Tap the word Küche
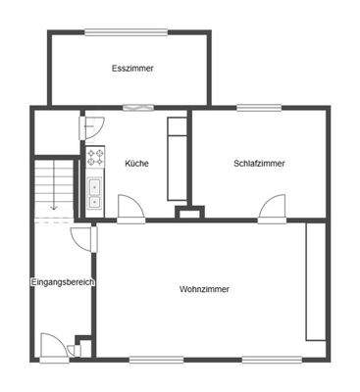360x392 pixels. pyautogui.click(x=137, y=163)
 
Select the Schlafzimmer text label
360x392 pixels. pyautogui.click(x=260, y=163)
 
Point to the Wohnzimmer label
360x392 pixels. pyautogui.click(x=204, y=290)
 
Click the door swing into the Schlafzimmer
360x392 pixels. pyautogui.click(x=272, y=208)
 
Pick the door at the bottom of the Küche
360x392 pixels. pyautogui.click(x=130, y=208)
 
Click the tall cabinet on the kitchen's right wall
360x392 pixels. pyautogui.click(x=177, y=154)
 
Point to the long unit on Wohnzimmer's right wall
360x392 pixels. pyautogui.click(x=315, y=280)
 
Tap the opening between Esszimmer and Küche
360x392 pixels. pyautogui.click(x=144, y=106)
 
